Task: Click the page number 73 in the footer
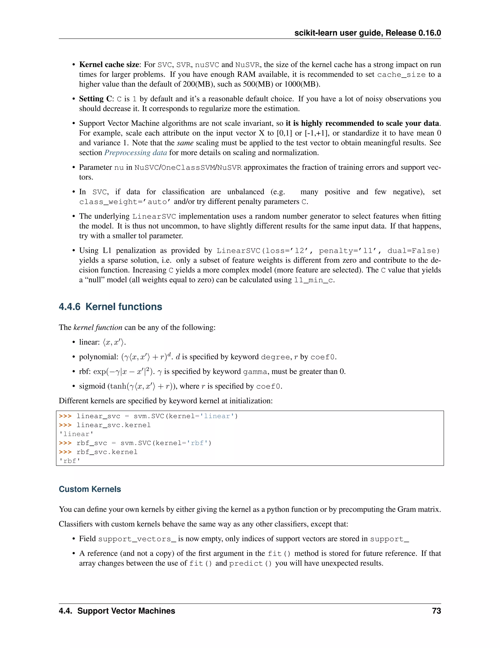[x=436, y=611]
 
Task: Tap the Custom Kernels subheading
[x=90, y=489]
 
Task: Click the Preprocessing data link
[x=136, y=153]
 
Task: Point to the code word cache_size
[x=401, y=75]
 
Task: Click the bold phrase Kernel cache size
[x=109, y=65]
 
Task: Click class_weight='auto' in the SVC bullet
[x=125, y=202]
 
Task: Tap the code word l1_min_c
[x=313, y=280]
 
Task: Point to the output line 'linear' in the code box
[x=76, y=434]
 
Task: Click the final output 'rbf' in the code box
[x=70, y=461]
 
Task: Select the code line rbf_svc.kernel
[x=107, y=452]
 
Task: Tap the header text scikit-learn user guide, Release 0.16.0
[x=367, y=33]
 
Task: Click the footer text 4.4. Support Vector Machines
[x=117, y=611]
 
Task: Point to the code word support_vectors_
[x=137, y=539]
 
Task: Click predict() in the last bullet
[x=250, y=563]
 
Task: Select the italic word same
[x=185, y=143]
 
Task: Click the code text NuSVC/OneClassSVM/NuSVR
[x=188, y=168]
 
